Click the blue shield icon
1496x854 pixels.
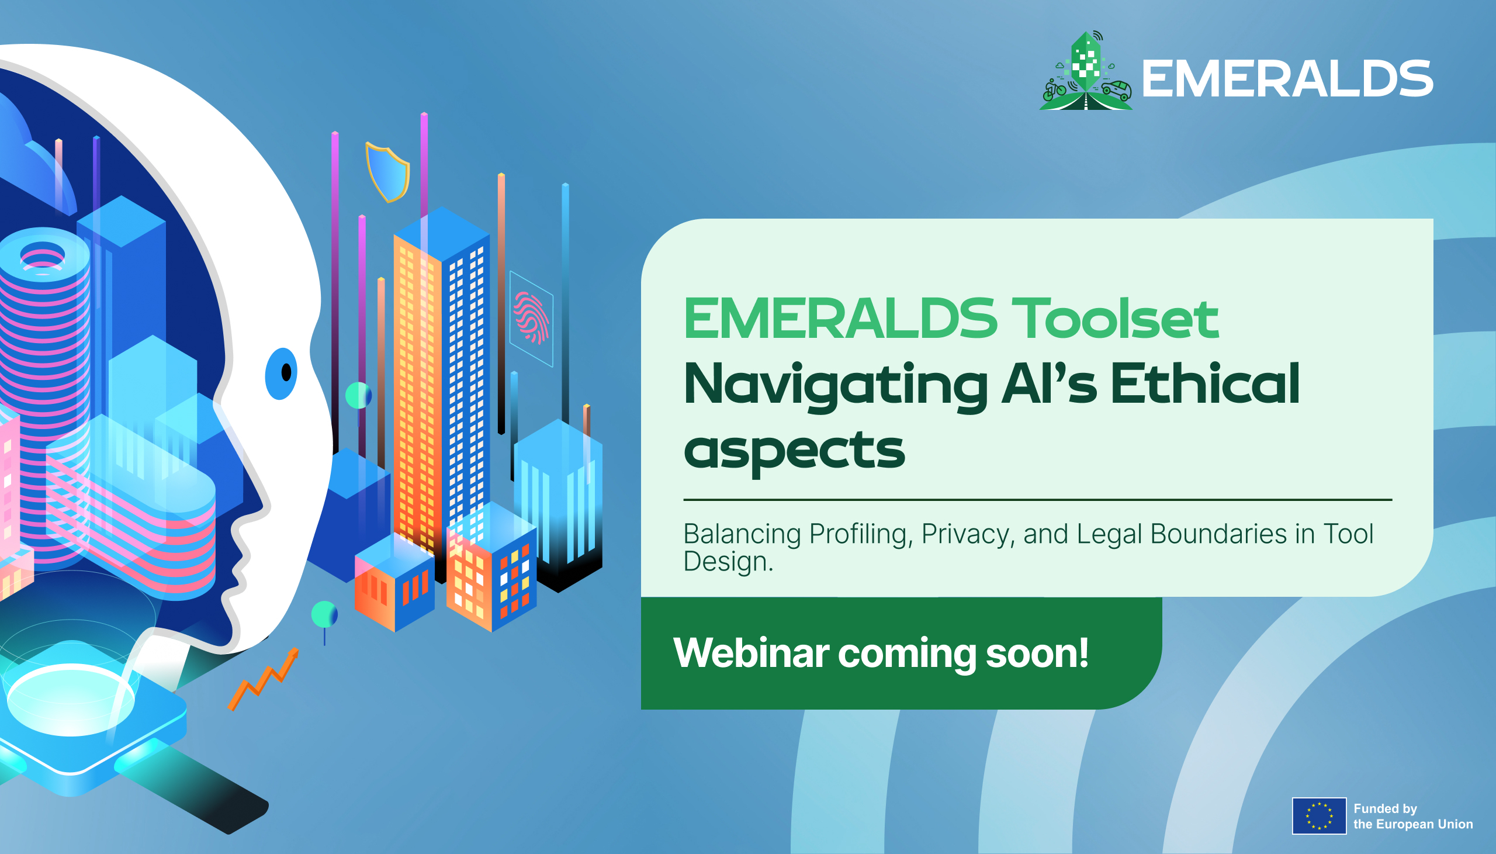[x=387, y=172]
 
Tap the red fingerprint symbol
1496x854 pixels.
[x=531, y=317]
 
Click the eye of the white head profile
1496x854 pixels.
[x=282, y=373]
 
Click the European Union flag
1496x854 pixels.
[x=1319, y=816]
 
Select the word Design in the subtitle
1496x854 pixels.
[x=728, y=561]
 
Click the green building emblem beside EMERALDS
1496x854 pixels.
[x=1086, y=70]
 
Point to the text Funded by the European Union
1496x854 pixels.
[x=1413, y=816]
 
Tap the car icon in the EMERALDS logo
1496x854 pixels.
[x=1116, y=91]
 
